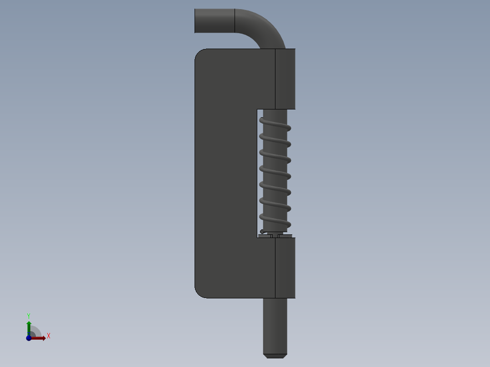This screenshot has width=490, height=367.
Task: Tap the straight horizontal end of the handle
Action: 214,21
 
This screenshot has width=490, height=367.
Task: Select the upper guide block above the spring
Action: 285,79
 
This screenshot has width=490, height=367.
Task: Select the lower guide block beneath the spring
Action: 285,268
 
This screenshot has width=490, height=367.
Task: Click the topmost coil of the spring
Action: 275,124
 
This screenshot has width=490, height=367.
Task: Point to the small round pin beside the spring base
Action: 262,232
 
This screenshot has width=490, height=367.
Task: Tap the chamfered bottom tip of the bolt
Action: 275,356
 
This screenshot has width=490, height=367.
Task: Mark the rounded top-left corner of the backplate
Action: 200,54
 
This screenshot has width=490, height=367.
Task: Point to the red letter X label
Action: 48,336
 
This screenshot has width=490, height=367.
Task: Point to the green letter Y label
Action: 29,316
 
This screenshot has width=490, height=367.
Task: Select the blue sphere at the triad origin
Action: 29,338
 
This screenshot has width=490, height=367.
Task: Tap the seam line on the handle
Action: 235,21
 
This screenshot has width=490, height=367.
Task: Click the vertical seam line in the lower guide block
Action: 275,268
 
